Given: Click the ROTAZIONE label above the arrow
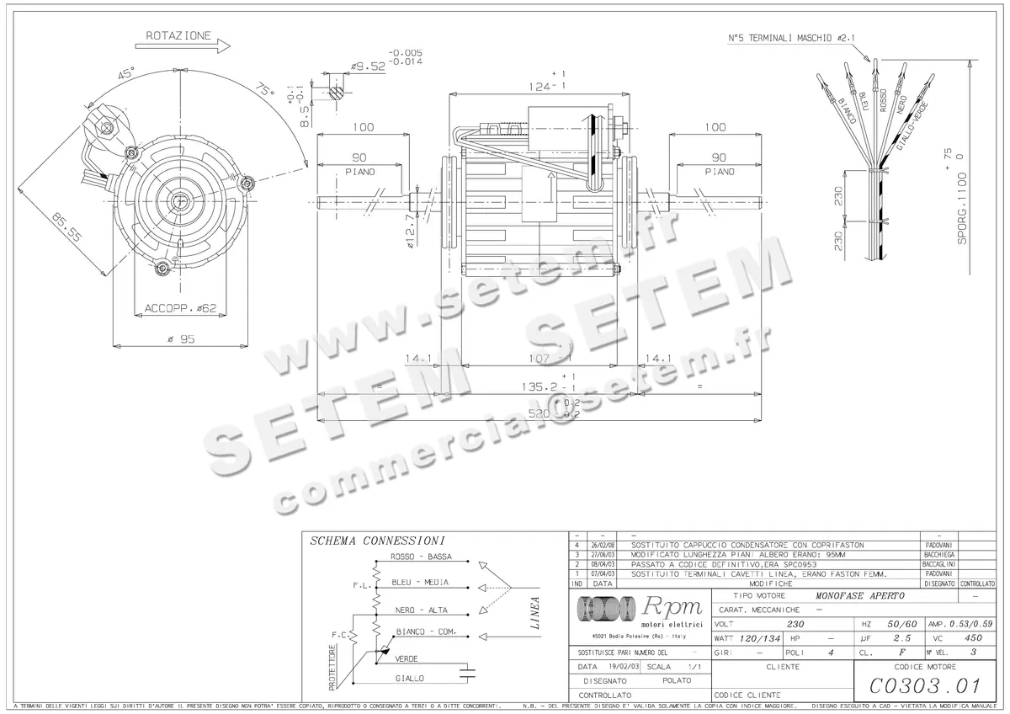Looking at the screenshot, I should pos(178,36).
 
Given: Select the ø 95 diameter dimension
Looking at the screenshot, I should pos(180,338).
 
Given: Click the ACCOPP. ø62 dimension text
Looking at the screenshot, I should pos(180,308).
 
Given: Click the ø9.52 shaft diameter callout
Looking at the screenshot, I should pos(367,65).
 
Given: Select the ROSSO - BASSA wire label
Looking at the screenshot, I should pos(421,557).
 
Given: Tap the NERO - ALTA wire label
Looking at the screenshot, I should pos(421,610).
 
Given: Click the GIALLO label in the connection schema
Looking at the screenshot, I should pos(410,678).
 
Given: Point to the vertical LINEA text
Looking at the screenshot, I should pos(535,614).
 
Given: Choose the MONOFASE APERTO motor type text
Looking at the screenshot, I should pos(859,595).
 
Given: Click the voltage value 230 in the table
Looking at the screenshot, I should pos(795,624).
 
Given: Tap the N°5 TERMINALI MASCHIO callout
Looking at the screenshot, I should pos(791,39).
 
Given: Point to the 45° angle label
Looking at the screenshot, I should pos(126,74).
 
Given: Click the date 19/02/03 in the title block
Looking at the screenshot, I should pos(620,666).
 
